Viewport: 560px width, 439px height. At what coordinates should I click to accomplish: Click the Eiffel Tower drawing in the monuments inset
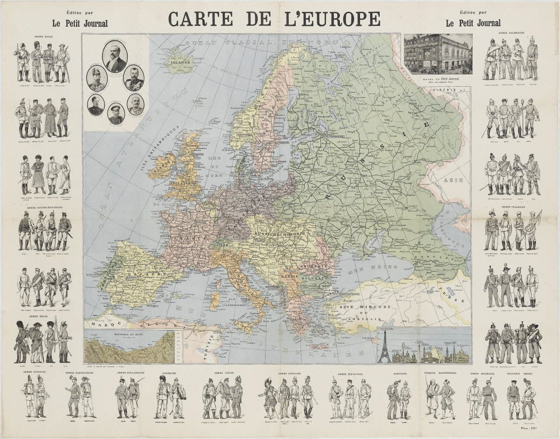coord(384,345)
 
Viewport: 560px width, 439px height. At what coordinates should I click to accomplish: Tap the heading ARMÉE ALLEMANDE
coord(511,33)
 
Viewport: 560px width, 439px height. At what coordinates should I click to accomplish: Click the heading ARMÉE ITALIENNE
coord(511,206)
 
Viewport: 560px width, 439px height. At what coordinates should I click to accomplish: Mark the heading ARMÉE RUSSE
coord(41,37)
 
